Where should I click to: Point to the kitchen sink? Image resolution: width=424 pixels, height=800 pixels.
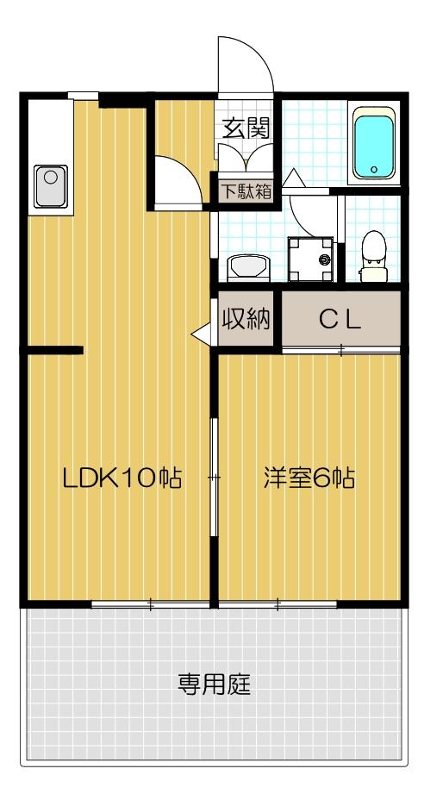[50, 187]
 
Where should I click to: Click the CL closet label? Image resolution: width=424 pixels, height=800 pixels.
[340, 320]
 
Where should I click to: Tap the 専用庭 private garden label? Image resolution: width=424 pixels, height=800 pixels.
[215, 685]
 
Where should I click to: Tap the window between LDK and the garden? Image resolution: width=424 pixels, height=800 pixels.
[150, 604]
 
